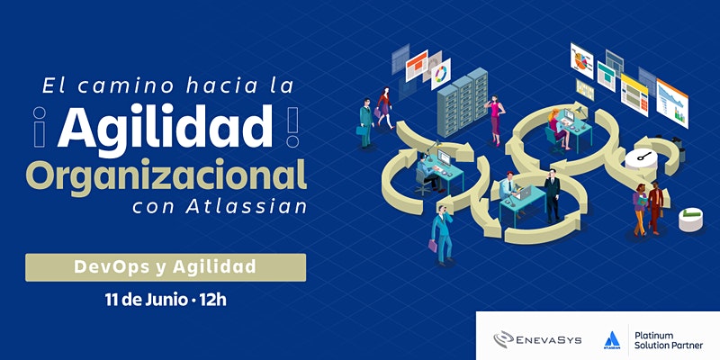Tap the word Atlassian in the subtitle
(x=246, y=207)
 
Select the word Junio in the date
(x=166, y=301)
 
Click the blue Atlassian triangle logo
(x=612, y=339)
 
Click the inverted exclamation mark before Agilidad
(x=40, y=127)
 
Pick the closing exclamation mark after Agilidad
(x=292, y=127)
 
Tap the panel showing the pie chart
(x=581, y=60)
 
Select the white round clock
(x=641, y=159)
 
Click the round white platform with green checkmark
(x=690, y=219)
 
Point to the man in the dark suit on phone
(x=552, y=195)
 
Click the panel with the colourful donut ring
(x=441, y=74)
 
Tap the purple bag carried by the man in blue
(x=433, y=246)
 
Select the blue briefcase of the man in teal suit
(x=362, y=130)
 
